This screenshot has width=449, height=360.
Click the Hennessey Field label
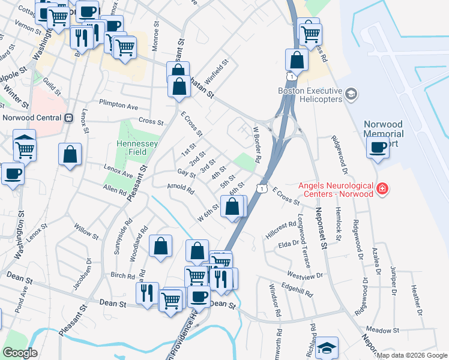[x=137, y=148]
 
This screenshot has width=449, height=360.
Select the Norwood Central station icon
[x=69, y=118]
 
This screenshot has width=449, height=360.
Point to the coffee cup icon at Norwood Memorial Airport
[x=378, y=147]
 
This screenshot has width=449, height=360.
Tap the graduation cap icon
[x=327, y=347]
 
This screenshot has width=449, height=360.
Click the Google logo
[x=20, y=353]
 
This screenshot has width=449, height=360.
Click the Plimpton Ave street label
[x=118, y=104]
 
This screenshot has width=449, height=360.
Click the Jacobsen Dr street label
[x=82, y=277]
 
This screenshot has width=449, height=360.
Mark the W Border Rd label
[x=258, y=144]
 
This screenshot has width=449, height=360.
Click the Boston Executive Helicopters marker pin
[x=351, y=93]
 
